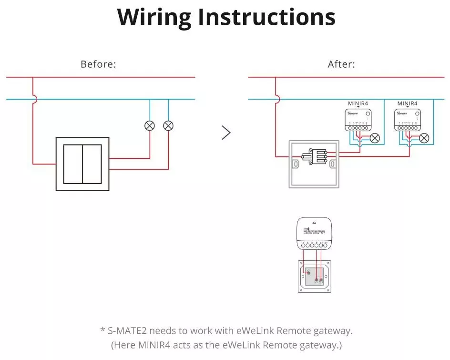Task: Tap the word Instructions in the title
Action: pos(266,17)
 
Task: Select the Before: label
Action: pos(98,64)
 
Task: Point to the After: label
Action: pos(341,64)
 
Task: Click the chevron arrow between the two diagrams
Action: pos(226,133)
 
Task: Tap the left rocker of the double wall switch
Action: pos(73,164)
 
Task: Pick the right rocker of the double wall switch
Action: pos(92,164)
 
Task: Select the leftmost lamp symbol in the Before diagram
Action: pos(150,126)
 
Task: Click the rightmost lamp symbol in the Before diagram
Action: pos(168,126)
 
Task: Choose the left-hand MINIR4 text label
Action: pos(358,103)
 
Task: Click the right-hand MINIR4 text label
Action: pos(408,103)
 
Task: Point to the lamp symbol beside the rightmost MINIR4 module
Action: pos(424,138)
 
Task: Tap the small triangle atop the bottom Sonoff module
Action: pos(314,223)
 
